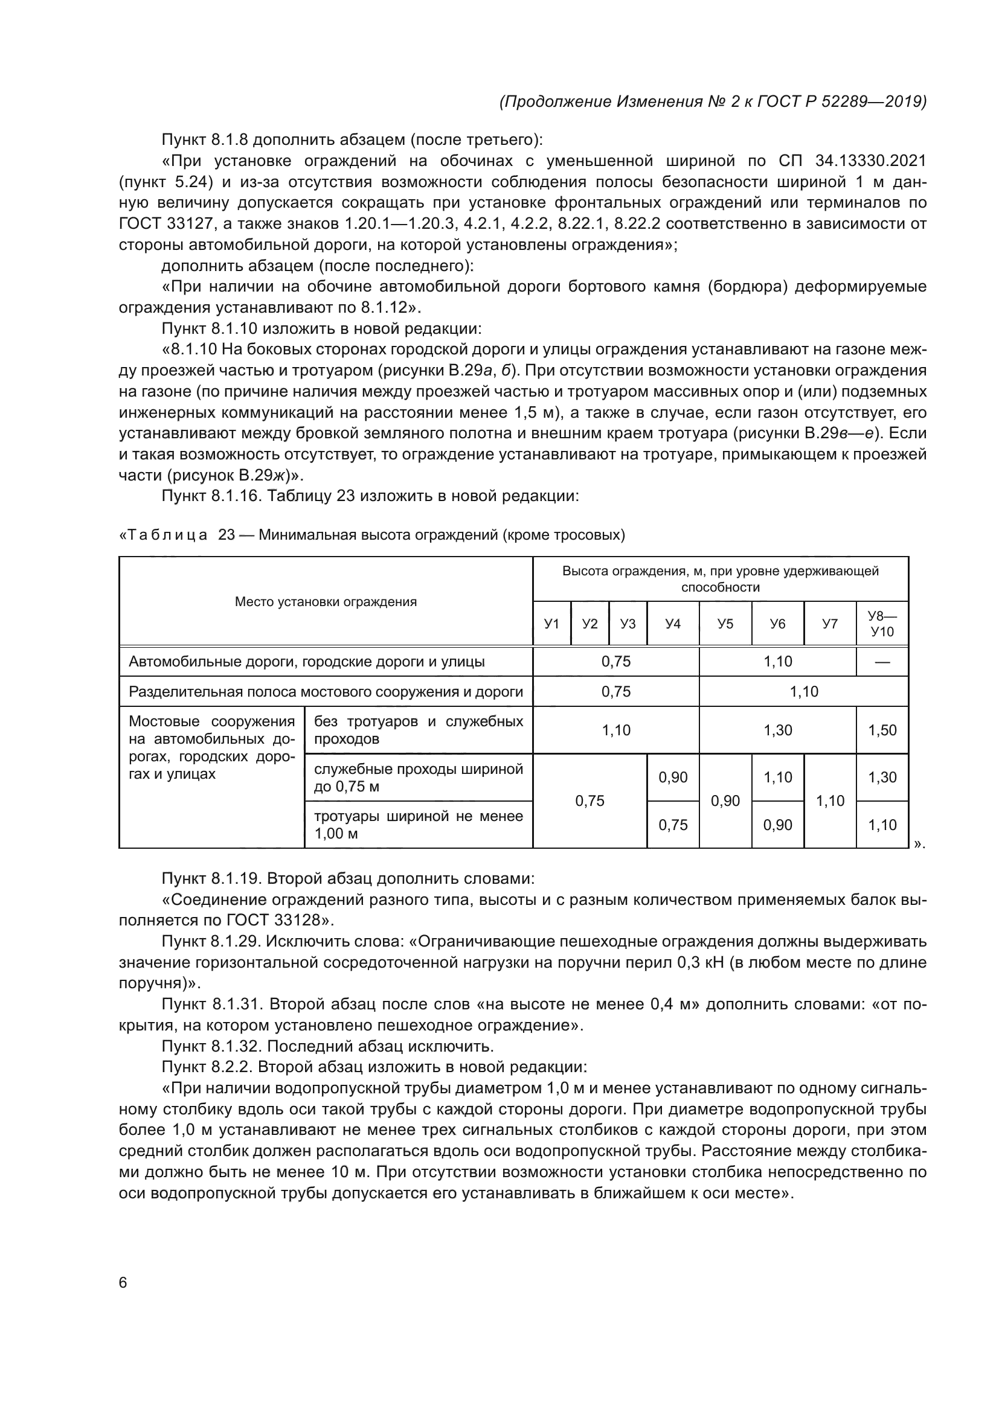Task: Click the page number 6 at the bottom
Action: pyautogui.click(x=123, y=1282)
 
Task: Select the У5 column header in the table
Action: pyautogui.click(x=725, y=624)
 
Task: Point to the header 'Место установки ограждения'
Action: pyautogui.click(x=326, y=601)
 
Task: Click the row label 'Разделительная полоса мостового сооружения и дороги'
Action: pyautogui.click(x=326, y=692)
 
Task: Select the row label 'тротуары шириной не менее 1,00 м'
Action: pyautogui.click(x=419, y=825)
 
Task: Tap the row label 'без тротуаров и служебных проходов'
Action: pyautogui.click(x=419, y=730)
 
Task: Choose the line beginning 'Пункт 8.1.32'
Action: pyautogui.click(x=327, y=1046)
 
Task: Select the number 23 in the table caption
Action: pyautogui.click(x=226, y=535)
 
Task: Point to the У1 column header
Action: pyautogui.click(x=552, y=624)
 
